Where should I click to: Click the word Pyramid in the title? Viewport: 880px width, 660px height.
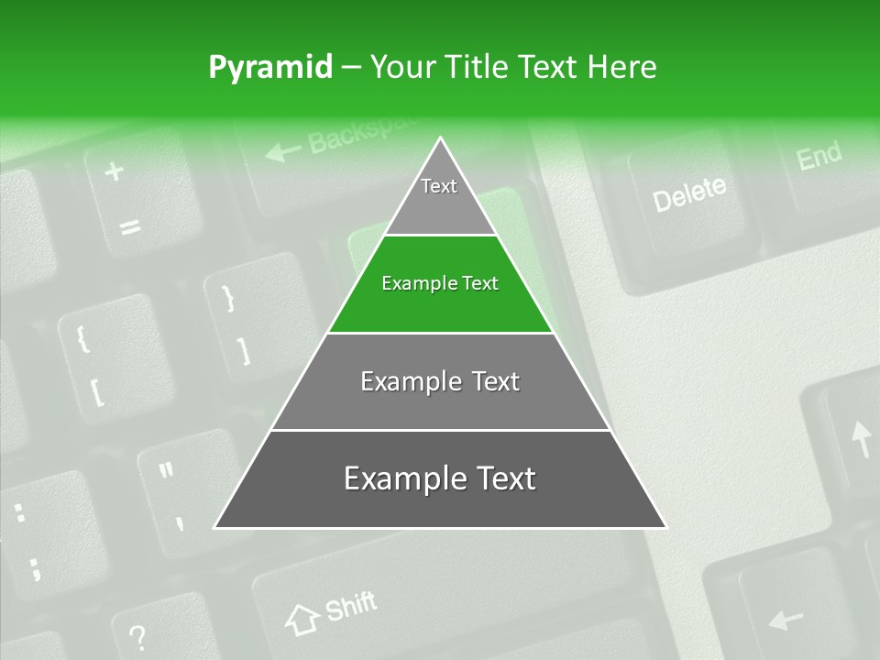click(x=270, y=68)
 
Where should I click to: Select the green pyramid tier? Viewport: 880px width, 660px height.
click(x=440, y=284)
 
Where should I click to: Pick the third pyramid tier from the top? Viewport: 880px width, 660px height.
click(x=440, y=381)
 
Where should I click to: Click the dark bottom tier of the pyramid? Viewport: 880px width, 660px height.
click(x=440, y=479)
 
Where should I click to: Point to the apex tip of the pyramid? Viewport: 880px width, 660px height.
click(x=440, y=140)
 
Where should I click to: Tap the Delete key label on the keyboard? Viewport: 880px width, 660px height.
click(x=688, y=193)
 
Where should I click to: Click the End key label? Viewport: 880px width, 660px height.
click(x=819, y=157)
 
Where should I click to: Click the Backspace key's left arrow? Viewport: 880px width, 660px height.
click(x=282, y=150)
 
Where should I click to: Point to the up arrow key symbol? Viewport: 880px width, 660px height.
click(x=861, y=439)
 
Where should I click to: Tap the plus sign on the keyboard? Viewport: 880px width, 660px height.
click(x=114, y=171)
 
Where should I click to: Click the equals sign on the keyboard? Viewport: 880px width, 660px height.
click(x=130, y=225)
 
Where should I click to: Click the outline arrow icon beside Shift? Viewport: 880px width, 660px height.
click(x=302, y=620)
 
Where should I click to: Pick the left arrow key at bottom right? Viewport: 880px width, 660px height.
click(x=786, y=620)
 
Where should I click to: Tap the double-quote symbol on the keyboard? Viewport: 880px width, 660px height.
click(x=166, y=471)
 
